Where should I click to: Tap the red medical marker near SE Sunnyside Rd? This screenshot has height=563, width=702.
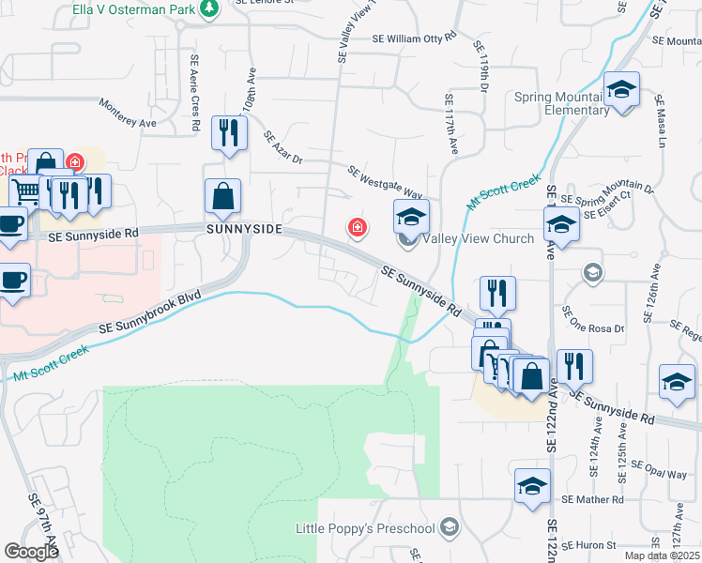[357, 226]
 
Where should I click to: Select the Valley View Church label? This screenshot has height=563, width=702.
[478, 238]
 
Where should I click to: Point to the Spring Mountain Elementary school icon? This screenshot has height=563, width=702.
[621, 90]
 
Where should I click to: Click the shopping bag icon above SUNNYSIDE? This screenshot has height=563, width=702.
[223, 197]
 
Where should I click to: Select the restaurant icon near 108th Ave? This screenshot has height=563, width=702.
[229, 133]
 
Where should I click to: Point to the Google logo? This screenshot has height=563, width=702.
[31, 552]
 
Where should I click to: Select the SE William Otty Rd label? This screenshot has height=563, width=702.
[414, 38]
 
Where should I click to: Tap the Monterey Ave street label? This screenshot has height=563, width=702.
[127, 114]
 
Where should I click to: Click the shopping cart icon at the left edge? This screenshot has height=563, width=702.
[26, 192]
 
